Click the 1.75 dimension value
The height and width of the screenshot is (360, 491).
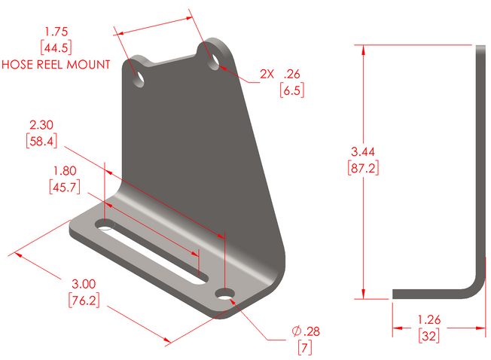point(56,32)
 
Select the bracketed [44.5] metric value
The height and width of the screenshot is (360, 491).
point(56,48)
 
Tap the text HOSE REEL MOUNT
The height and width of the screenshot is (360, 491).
point(56,65)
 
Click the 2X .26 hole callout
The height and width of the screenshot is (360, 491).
point(280,75)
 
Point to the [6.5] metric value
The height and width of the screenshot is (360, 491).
point(291,90)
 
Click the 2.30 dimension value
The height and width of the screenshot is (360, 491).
point(41,124)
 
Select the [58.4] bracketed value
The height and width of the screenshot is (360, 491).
point(41,140)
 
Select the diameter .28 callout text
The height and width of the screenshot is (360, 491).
point(306,332)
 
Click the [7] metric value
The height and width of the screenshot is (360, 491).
point(306,348)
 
